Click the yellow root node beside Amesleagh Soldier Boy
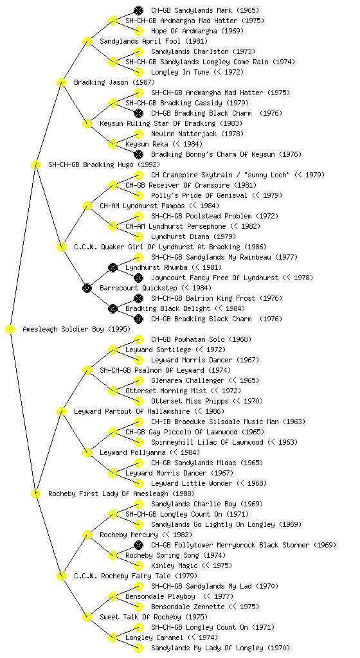10,329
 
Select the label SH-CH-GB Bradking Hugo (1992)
104,164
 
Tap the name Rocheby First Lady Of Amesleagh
109,493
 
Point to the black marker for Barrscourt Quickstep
87,288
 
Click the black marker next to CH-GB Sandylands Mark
138,10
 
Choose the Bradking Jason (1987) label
114,82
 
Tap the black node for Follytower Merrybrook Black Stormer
138,545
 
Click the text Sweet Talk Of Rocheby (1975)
154,617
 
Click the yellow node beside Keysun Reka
113,144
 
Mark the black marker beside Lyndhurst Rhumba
113,267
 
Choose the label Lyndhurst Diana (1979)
194,236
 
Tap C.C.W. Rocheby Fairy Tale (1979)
136,576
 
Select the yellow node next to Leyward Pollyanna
87,452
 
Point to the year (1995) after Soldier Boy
119,329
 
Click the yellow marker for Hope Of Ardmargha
138,31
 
